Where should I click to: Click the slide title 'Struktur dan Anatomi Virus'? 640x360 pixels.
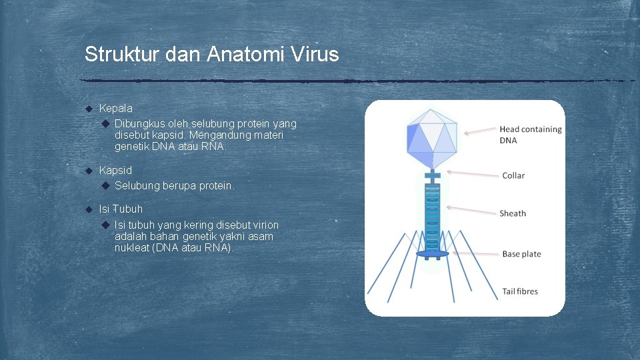tap(211, 54)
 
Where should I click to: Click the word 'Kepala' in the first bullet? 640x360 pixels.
tap(115, 108)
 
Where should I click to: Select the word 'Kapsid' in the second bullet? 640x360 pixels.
tap(115, 171)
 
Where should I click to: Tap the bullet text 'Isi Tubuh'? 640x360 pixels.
tap(121, 209)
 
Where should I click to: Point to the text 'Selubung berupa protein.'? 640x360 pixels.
tap(175, 186)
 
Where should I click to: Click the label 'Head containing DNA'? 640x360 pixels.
tap(530, 135)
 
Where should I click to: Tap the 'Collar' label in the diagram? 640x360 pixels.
tap(513, 175)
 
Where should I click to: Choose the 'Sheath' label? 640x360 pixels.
tap(513, 213)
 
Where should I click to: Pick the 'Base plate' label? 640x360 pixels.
tap(521, 254)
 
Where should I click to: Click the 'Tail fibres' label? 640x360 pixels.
tap(519, 291)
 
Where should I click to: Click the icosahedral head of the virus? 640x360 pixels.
tap(432, 137)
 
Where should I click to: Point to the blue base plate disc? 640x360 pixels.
tap(432, 254)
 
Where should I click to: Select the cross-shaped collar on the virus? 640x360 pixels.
tap(432, 176)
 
